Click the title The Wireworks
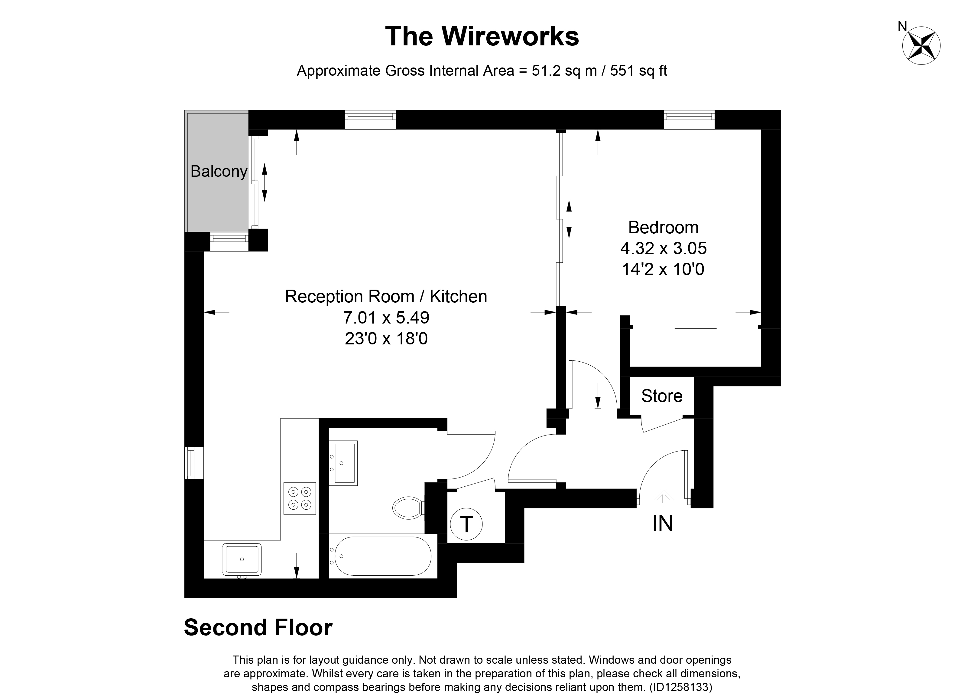(x=482, y=36)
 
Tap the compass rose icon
(x=921, y=46)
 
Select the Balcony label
(x=219, y=172)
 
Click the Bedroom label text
(x=663, y=227)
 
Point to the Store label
(x=661, y=396)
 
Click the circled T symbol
(x=466, y=525)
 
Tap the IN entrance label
(x=663, y=523)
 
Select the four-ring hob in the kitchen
(x=300, y=498)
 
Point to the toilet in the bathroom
(x=407, y=508)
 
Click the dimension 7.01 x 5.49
(x=386, y=317)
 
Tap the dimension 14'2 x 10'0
(x=663, y=269)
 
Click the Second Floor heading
(x=258, y=628)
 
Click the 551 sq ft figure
(x=638, y=71)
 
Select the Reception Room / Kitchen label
(x=386, y=297)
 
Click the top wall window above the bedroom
(x=689, y=119)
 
